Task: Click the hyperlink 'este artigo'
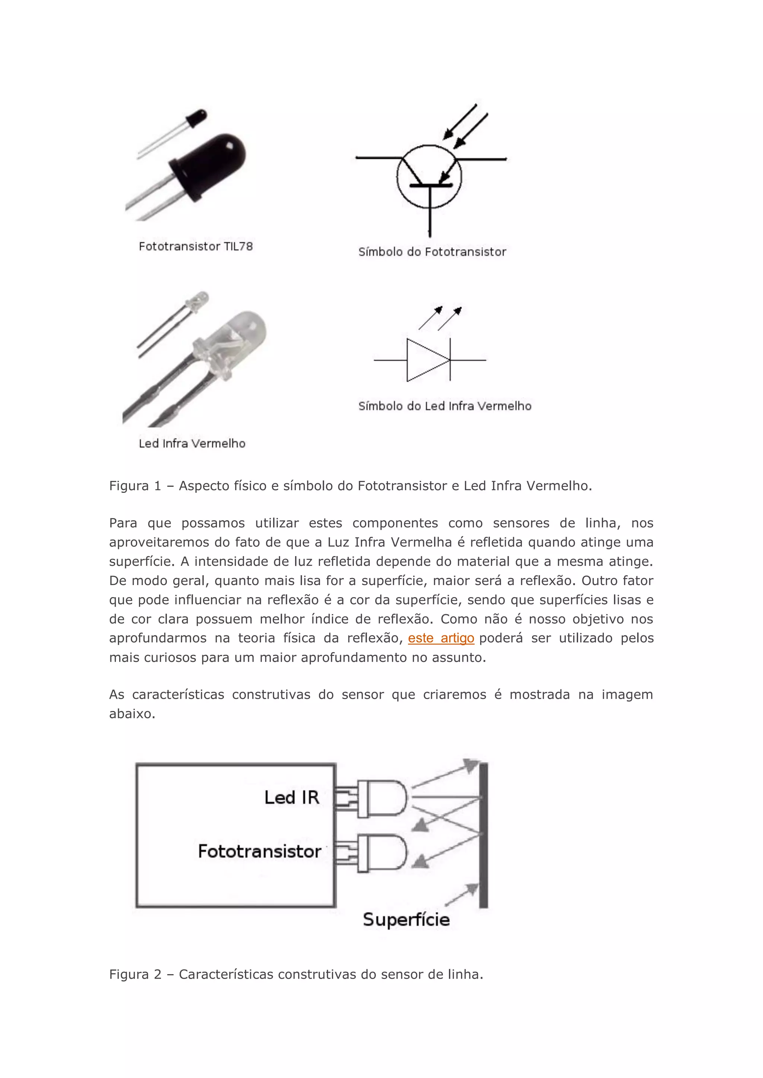point(441,638)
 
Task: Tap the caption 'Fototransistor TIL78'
point(196,246)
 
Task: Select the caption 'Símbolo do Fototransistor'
point(432,252)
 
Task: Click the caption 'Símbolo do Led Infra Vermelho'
point(444,406)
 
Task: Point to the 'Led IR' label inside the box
point(291,798)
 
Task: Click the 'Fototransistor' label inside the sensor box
point(259,851)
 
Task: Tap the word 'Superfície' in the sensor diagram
point(406,919)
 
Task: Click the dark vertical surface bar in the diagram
point(484,836)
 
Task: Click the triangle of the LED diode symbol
point(425,360)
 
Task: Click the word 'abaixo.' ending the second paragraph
point(132,714)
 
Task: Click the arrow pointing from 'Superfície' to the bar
point(462,895)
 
